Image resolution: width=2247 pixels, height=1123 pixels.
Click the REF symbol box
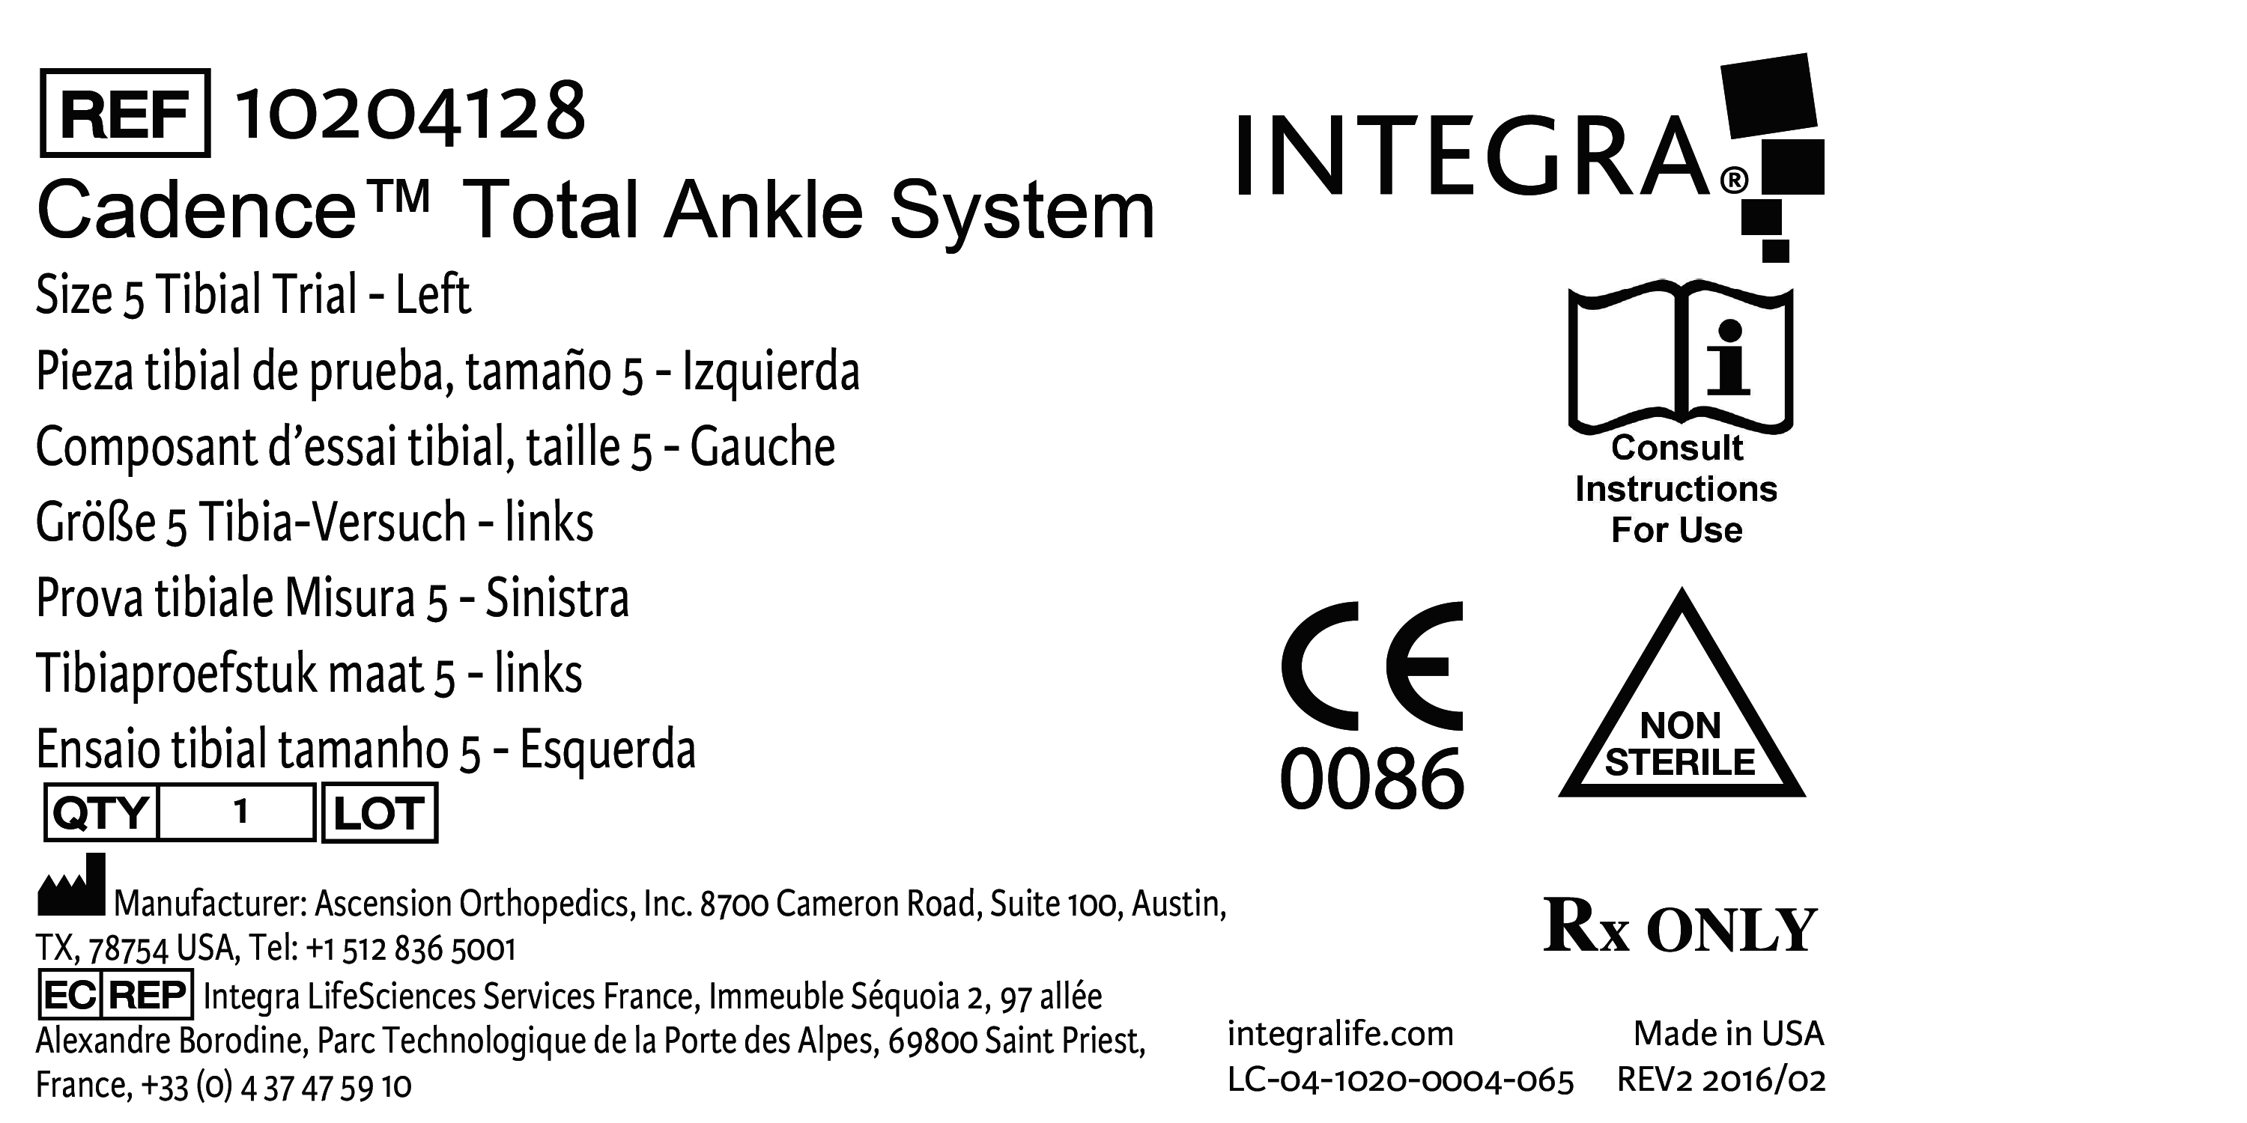pyautogui.click(x=125, y=113)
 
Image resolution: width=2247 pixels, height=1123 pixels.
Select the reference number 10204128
pyautogui.click(x=410, y=112)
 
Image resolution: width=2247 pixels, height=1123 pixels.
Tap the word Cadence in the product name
pyautogui.click(x=197, y=211)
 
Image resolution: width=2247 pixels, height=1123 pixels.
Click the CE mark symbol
pyautogui.click(x=1371, y=666)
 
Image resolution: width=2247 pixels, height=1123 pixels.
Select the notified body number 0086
pyautogui.click(x=1371, y=779)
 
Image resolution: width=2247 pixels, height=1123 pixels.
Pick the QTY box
pyautogui.click(x=101, y=812)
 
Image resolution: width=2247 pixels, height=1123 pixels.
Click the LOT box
pyautogui.click(x=380, y=812)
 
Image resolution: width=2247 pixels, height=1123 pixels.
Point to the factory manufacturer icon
pyautogui.click(x=71, y=886)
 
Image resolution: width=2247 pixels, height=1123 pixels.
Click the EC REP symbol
pyautogui.click(x=116, y=995)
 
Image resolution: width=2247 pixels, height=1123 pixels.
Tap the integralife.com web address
pyautogui.click(x=1340, y=1034)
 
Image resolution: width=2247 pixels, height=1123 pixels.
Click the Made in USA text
pyautogui.click(x=1728, y=1034)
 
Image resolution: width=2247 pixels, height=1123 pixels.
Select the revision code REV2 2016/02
pyautogui.click(x=1720, y=1080)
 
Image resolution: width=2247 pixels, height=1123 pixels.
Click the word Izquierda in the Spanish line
pyautogui.click(x=771, y=372)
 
